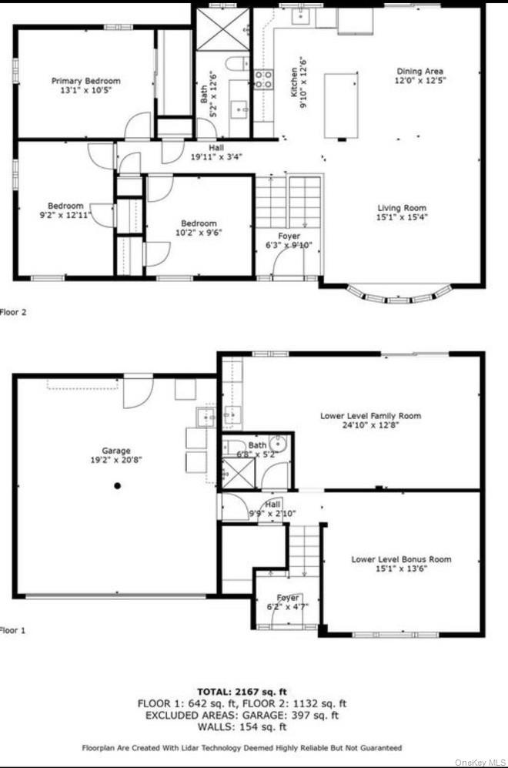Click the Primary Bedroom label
pos(85,81)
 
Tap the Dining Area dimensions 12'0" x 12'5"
pos(420,79)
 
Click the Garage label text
pos(116,451)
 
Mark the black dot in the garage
pos(118,485)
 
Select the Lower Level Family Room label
pos(370,416)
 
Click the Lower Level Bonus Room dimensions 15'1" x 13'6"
pos(401,569)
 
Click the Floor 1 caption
pos(13,630)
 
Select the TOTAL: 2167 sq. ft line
pos(242,692)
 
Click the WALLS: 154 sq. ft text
pos(242,726)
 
